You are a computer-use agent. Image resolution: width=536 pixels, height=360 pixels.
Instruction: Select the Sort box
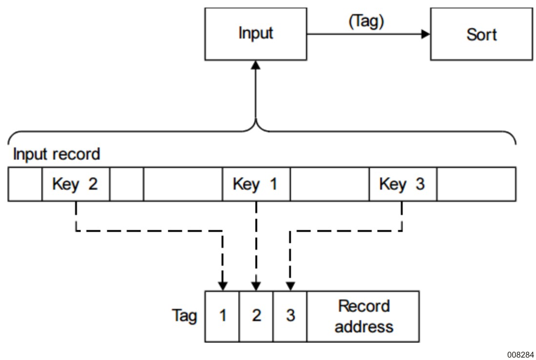point(481,35)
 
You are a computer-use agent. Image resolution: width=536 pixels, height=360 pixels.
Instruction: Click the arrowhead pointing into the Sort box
point(426,35)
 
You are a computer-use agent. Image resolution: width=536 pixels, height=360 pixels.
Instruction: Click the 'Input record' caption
point(56,155)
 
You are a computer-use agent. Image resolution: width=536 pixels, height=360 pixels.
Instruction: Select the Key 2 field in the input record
point(76,184)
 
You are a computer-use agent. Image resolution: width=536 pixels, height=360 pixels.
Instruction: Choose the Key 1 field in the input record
point(256,184)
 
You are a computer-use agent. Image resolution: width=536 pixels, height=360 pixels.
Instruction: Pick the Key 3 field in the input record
point(402,184)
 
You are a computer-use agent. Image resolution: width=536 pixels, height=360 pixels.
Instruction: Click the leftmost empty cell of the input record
point(25,184)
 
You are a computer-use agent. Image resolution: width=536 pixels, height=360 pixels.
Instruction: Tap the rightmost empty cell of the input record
point(476,184)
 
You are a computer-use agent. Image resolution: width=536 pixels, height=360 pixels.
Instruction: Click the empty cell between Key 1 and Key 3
point(330,184)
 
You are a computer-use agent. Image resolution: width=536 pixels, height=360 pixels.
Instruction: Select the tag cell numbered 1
point(222,316)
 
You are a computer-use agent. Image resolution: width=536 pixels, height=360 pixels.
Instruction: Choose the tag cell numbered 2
point(257,316)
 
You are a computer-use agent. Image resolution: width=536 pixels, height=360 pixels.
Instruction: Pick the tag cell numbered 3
point(290,316)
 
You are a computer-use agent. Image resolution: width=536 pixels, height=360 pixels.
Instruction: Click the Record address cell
point(363,316)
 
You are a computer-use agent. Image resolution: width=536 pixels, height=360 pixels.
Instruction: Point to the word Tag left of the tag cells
point(184,317)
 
